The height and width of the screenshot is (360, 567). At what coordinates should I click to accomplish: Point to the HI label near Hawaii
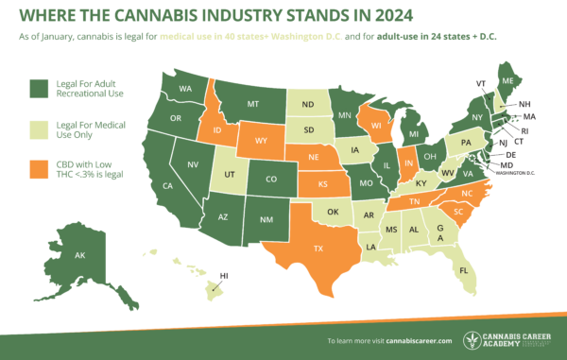click(x=223, y=276)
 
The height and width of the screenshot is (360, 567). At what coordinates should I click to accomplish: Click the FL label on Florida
click(x=463, y=270)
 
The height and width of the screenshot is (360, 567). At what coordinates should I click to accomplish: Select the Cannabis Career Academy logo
click(x=510, y=337)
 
